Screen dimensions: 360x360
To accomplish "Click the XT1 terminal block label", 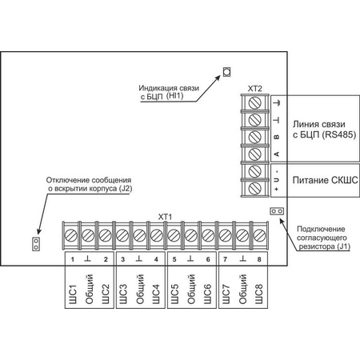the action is (x=166, y=217).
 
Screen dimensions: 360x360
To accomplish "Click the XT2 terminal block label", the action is (x=255, y=89).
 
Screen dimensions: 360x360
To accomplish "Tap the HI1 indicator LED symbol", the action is (x=226, y=72).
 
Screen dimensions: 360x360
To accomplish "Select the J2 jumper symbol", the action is (x=36, y=244).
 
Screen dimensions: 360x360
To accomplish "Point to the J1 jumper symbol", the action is (x=277, y=211).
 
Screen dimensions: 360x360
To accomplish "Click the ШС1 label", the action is (x=73, y=294).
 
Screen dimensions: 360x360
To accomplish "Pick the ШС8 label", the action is (x=258, y=294).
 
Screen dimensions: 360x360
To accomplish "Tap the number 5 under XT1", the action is (x=174, y=259).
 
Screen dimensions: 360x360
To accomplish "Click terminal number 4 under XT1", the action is (x=156, y=259).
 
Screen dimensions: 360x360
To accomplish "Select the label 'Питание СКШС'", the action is (x=326, y=180).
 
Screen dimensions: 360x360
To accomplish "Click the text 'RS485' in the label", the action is (x=339, y=134).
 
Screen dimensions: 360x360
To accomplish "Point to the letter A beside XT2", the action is (x=277, y=154).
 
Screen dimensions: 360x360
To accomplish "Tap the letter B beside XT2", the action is (x=277, y=137).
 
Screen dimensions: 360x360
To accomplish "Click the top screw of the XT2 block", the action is (x=255, y=103).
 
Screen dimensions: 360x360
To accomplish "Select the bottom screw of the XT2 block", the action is (x=255, y=188).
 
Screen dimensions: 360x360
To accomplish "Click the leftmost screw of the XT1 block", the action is (x=71, y=235).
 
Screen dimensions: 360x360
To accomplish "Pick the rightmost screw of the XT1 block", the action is (x=259, y=235).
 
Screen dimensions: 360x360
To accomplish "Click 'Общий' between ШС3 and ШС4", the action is (x=140, y=289).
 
